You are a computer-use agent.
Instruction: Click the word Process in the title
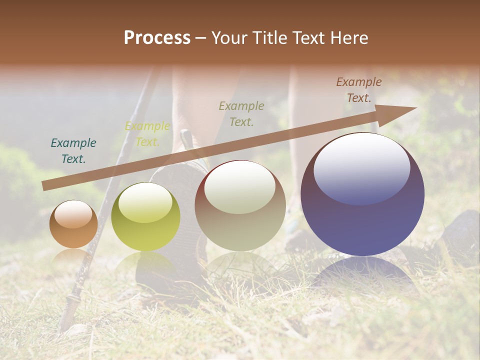point(157,38)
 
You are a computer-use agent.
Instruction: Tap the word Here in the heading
point(348,38)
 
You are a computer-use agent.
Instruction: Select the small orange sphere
point(73,224)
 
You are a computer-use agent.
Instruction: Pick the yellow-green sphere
point(145,216)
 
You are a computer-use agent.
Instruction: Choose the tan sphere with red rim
point(240,205)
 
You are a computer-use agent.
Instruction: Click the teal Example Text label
point(73,150)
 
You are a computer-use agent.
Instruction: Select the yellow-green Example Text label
point(147,134)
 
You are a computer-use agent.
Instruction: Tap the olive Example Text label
point(241,113)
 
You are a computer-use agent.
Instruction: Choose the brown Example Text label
point(358,90)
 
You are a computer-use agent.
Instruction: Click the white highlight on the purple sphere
point(361,168)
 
